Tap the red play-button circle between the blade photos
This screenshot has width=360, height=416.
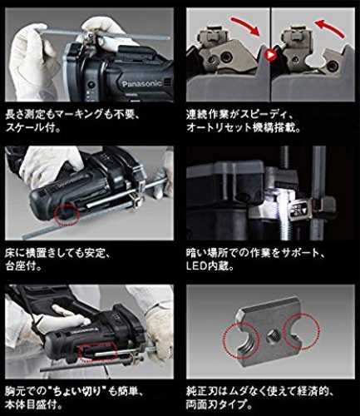tap(270, 55)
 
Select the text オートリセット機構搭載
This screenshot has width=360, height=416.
tap(243, 128)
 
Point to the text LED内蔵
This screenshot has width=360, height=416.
tap(207, 266)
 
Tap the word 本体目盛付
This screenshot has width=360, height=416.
tap(30, 405)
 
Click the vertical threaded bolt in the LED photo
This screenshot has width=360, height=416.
tap(287, 194)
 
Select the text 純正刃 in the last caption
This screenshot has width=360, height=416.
tap(202, 392)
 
